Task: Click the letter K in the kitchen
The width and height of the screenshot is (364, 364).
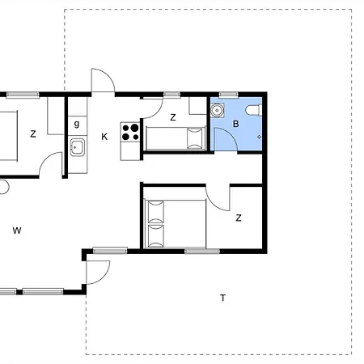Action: click(x=104, y=137)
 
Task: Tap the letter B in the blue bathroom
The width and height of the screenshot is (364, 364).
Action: click(x=235, y=124)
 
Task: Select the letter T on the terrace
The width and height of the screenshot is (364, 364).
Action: click(x=222, y=298)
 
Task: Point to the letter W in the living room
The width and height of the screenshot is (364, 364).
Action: click(x=17, y=231)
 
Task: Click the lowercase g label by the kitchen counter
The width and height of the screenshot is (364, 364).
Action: click(x=77, y=124)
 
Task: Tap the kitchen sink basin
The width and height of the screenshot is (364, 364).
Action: click(x=78, y=147)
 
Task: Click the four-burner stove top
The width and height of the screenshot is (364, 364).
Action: click(x=130, y=132)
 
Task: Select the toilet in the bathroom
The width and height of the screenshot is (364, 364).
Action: click(x=253, y=110)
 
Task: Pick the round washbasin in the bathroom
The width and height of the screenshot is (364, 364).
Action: click(x=217, y=110)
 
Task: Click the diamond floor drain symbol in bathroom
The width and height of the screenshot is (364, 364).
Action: click(x=259, y=137)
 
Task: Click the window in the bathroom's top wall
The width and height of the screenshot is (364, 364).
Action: click(x=228, y=95)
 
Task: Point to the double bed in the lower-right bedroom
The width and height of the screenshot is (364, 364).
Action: click(x=176, y=223)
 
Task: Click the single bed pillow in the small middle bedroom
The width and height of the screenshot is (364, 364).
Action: click(x=195, y=138)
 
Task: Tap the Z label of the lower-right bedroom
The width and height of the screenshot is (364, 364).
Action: click(x=239, y=218)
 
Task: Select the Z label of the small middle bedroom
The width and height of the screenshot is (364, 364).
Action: click(x=173, y=117)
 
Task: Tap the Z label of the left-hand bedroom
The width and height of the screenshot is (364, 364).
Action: click(x=33, y=134)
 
